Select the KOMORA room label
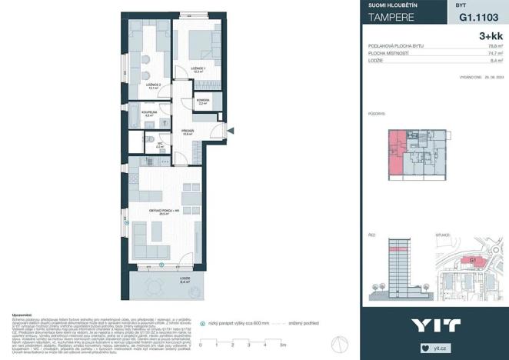click(x=202, y=100)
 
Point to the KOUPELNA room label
click(x=148, y=113)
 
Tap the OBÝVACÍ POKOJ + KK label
click(x=165, y=209)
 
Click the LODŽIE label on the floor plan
click(x=185, y=279)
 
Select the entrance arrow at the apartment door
click(x=229, y=132)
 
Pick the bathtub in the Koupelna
click(x=135, y=118)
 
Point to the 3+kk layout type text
click(x=491, y=35)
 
